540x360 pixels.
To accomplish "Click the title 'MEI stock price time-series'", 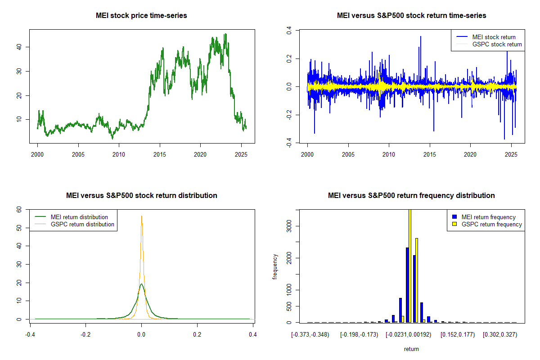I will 141,16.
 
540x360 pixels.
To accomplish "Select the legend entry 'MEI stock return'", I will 494,37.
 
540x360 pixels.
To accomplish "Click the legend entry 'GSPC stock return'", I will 497,44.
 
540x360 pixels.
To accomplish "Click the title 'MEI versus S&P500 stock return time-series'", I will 411,16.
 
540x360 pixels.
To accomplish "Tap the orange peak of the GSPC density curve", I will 142,216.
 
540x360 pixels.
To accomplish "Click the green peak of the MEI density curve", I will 141,284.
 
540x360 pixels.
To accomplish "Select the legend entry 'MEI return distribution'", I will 79,217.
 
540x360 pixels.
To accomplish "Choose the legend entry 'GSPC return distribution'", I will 82,224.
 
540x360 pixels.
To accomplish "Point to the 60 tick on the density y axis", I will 19,210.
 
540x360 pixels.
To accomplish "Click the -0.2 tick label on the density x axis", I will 85,334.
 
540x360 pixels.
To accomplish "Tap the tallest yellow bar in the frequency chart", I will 409,265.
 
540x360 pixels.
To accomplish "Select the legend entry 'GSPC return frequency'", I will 491,224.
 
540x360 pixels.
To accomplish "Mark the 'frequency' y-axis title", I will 275,266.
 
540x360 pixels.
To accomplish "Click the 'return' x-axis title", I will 411,349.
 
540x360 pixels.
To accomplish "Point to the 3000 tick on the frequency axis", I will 290,225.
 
